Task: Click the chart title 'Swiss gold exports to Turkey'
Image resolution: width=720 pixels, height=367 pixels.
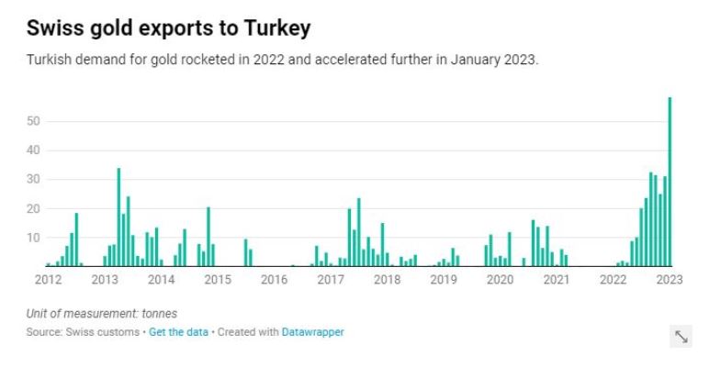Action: tap(169, 28)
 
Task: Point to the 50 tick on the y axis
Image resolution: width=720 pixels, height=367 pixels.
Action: tap(34, 121)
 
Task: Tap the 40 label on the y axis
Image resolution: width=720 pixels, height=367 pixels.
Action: tap(34, 150)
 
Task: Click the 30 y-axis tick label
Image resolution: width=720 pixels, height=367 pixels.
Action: tap(34, 179)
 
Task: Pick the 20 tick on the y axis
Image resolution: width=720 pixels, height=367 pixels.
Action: tap(34, 208)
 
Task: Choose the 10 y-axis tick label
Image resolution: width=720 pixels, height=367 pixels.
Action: tap(34, 238)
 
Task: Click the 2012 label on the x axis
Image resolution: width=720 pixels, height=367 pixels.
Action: tap(48, 279)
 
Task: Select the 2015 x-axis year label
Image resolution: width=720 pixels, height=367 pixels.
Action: tap(217, 279)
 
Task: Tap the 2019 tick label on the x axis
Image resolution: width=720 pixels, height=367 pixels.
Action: tap(444, 279)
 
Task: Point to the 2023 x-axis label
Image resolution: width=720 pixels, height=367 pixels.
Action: tap(669, 279)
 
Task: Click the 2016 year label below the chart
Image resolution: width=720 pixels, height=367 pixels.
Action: tap(274, 279)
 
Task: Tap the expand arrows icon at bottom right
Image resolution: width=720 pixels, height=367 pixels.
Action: tap(681, 337)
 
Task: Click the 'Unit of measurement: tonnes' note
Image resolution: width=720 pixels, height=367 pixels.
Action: tap(101, 314)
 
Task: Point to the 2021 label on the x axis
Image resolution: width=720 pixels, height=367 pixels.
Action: tap(557, 279)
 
